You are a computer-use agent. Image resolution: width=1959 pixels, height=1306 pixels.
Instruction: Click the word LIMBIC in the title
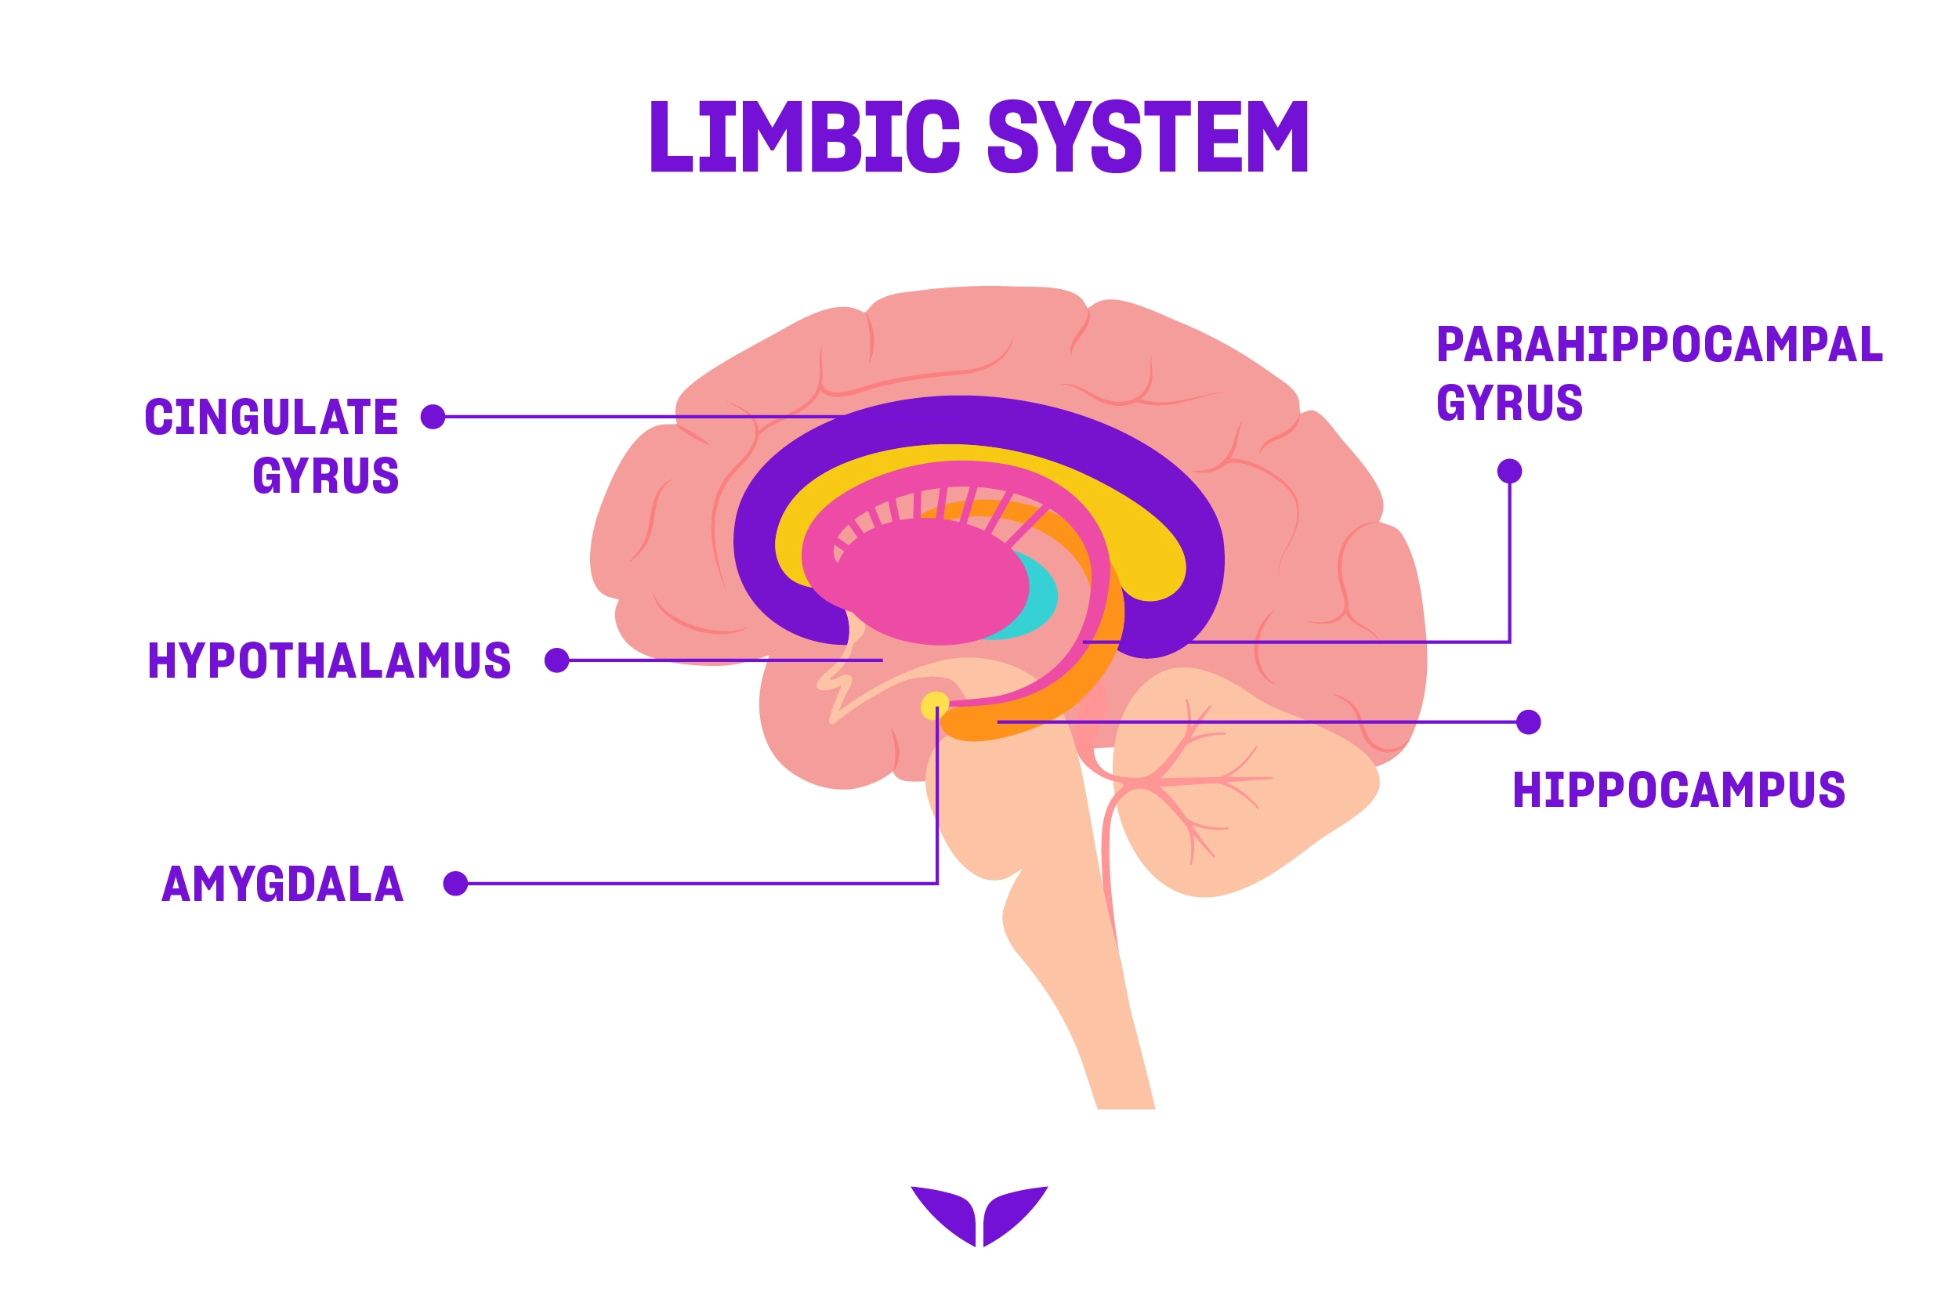tap(805, 137)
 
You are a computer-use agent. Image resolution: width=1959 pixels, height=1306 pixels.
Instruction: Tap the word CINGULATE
tap(272, 418)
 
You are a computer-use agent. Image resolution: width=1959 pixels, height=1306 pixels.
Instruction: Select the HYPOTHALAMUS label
tap(329, 660)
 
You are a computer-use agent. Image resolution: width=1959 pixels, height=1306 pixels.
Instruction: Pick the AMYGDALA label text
tap(282, 884)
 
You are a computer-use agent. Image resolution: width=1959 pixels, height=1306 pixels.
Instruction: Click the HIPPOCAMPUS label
tap(1678, 790)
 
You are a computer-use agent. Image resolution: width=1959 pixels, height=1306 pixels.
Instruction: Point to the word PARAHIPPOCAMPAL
tap(1659, 345)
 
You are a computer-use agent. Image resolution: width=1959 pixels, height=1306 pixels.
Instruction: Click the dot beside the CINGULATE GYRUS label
tap(433, 417)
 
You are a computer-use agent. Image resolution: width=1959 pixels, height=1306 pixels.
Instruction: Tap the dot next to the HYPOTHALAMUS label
tap(556, 660)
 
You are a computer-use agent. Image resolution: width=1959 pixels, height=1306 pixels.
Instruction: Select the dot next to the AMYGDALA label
tap(455, 883)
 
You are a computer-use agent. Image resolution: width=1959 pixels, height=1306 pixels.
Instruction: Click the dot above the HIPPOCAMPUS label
tap(1528, 722)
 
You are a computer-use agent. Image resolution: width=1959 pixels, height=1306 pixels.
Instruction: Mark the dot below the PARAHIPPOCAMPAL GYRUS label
tap(1509, 472)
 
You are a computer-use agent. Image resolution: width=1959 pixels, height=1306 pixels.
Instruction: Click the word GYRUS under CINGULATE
tap(326, 476)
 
